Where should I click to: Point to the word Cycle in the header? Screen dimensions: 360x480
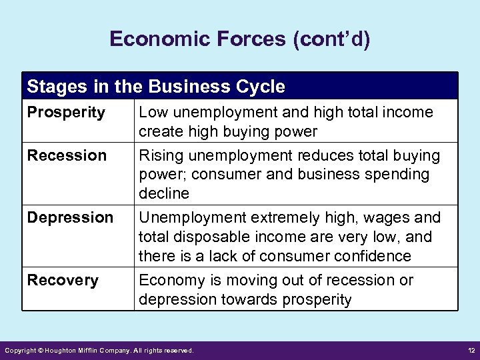(261, 87)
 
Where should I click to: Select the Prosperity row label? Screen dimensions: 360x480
(66, 113)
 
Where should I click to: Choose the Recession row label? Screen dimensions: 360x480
(67, 155)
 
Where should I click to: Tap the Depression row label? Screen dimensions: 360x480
(70, 217)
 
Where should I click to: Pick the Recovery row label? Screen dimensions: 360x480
(63, 280)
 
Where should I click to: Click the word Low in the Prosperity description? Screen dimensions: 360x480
(153, 113)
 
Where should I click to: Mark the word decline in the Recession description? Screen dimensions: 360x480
(164, 193)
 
